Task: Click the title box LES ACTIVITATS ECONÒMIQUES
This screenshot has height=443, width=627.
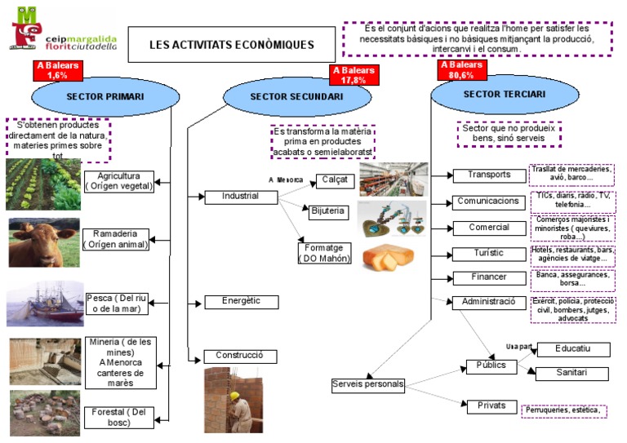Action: tap(231, 44)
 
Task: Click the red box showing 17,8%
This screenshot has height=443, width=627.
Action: tap(353, 75)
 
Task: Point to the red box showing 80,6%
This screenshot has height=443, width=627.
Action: tap(461, 69)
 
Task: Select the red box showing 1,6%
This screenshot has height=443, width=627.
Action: tap(57, 70)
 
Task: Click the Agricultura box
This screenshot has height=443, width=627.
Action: tap(119, 180)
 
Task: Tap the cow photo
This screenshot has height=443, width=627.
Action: tap(43, 242)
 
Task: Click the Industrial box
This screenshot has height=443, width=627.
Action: tap(240, 196)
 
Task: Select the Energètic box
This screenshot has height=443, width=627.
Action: tap(241, 301)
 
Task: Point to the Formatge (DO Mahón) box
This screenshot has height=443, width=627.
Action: tap(324, 253)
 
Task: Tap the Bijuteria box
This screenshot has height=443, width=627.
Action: tap(327, 210)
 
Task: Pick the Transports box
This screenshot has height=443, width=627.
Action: tap(488, 175)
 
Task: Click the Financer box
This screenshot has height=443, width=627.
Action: tap(488, 277)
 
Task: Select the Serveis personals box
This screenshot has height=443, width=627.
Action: tap(368, 383)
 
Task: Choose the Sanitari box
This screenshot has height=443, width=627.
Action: tap(572, 373)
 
